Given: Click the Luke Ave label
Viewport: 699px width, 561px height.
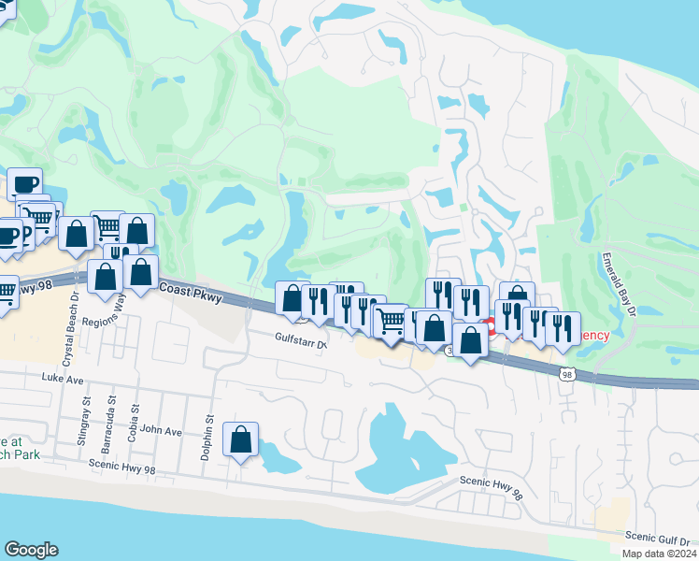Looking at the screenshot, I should [63, 379].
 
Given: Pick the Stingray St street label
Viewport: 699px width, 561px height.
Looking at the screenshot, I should [85, 414].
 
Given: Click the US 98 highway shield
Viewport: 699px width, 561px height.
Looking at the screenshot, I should [566, 375].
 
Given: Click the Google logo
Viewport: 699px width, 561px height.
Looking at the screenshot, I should [31, 550].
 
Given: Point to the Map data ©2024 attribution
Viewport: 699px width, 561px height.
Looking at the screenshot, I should [658, 554].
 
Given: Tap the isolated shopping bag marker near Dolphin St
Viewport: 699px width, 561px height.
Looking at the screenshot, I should [241, 439].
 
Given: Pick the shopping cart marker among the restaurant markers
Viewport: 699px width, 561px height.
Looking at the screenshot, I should [391, 322].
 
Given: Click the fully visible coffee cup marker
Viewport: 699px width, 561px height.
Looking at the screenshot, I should [24, 183].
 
